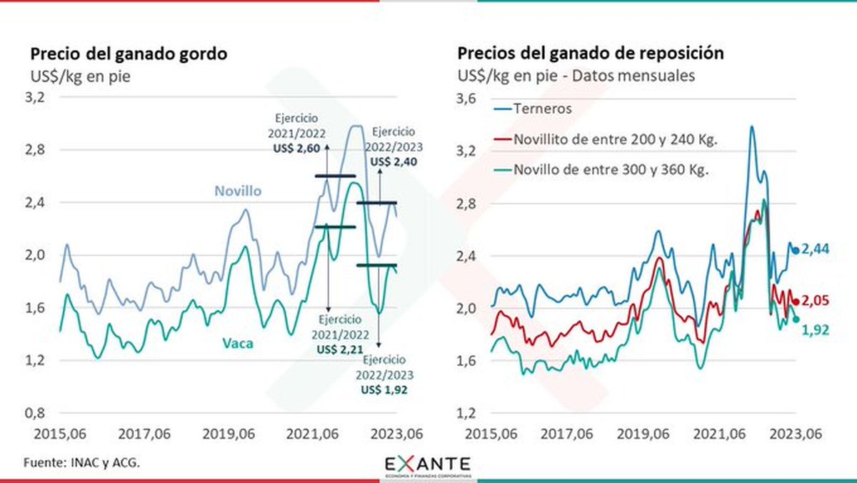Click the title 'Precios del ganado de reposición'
(591, 54)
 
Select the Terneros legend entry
(543, 109)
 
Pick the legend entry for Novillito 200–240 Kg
(615, 139)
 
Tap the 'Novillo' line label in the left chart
(238, 191)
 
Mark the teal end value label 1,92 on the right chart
(813, 329)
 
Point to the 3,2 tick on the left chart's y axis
(37, 98)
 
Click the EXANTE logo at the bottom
(428, 465)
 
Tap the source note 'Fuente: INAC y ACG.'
(82, 462)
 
